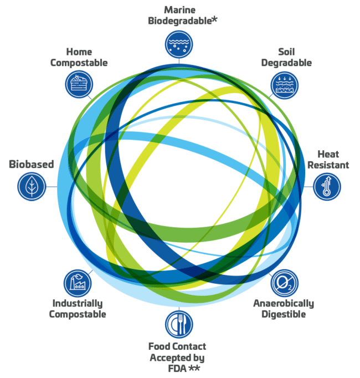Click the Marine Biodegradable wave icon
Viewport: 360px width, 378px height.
tap(179, 45)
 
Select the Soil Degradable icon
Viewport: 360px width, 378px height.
tap(285, 85)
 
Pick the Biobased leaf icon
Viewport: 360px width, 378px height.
tap(31, 186)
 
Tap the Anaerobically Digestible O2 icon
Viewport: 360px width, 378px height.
tap(284, 283)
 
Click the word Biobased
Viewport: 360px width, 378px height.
tap(31, 165)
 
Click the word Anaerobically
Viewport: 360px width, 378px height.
tap(284, 304)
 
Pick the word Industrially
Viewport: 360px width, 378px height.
tap(78, 304)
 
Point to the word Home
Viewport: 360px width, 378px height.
tap(79, 52)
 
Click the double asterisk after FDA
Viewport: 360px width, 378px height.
tap(194, 367)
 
